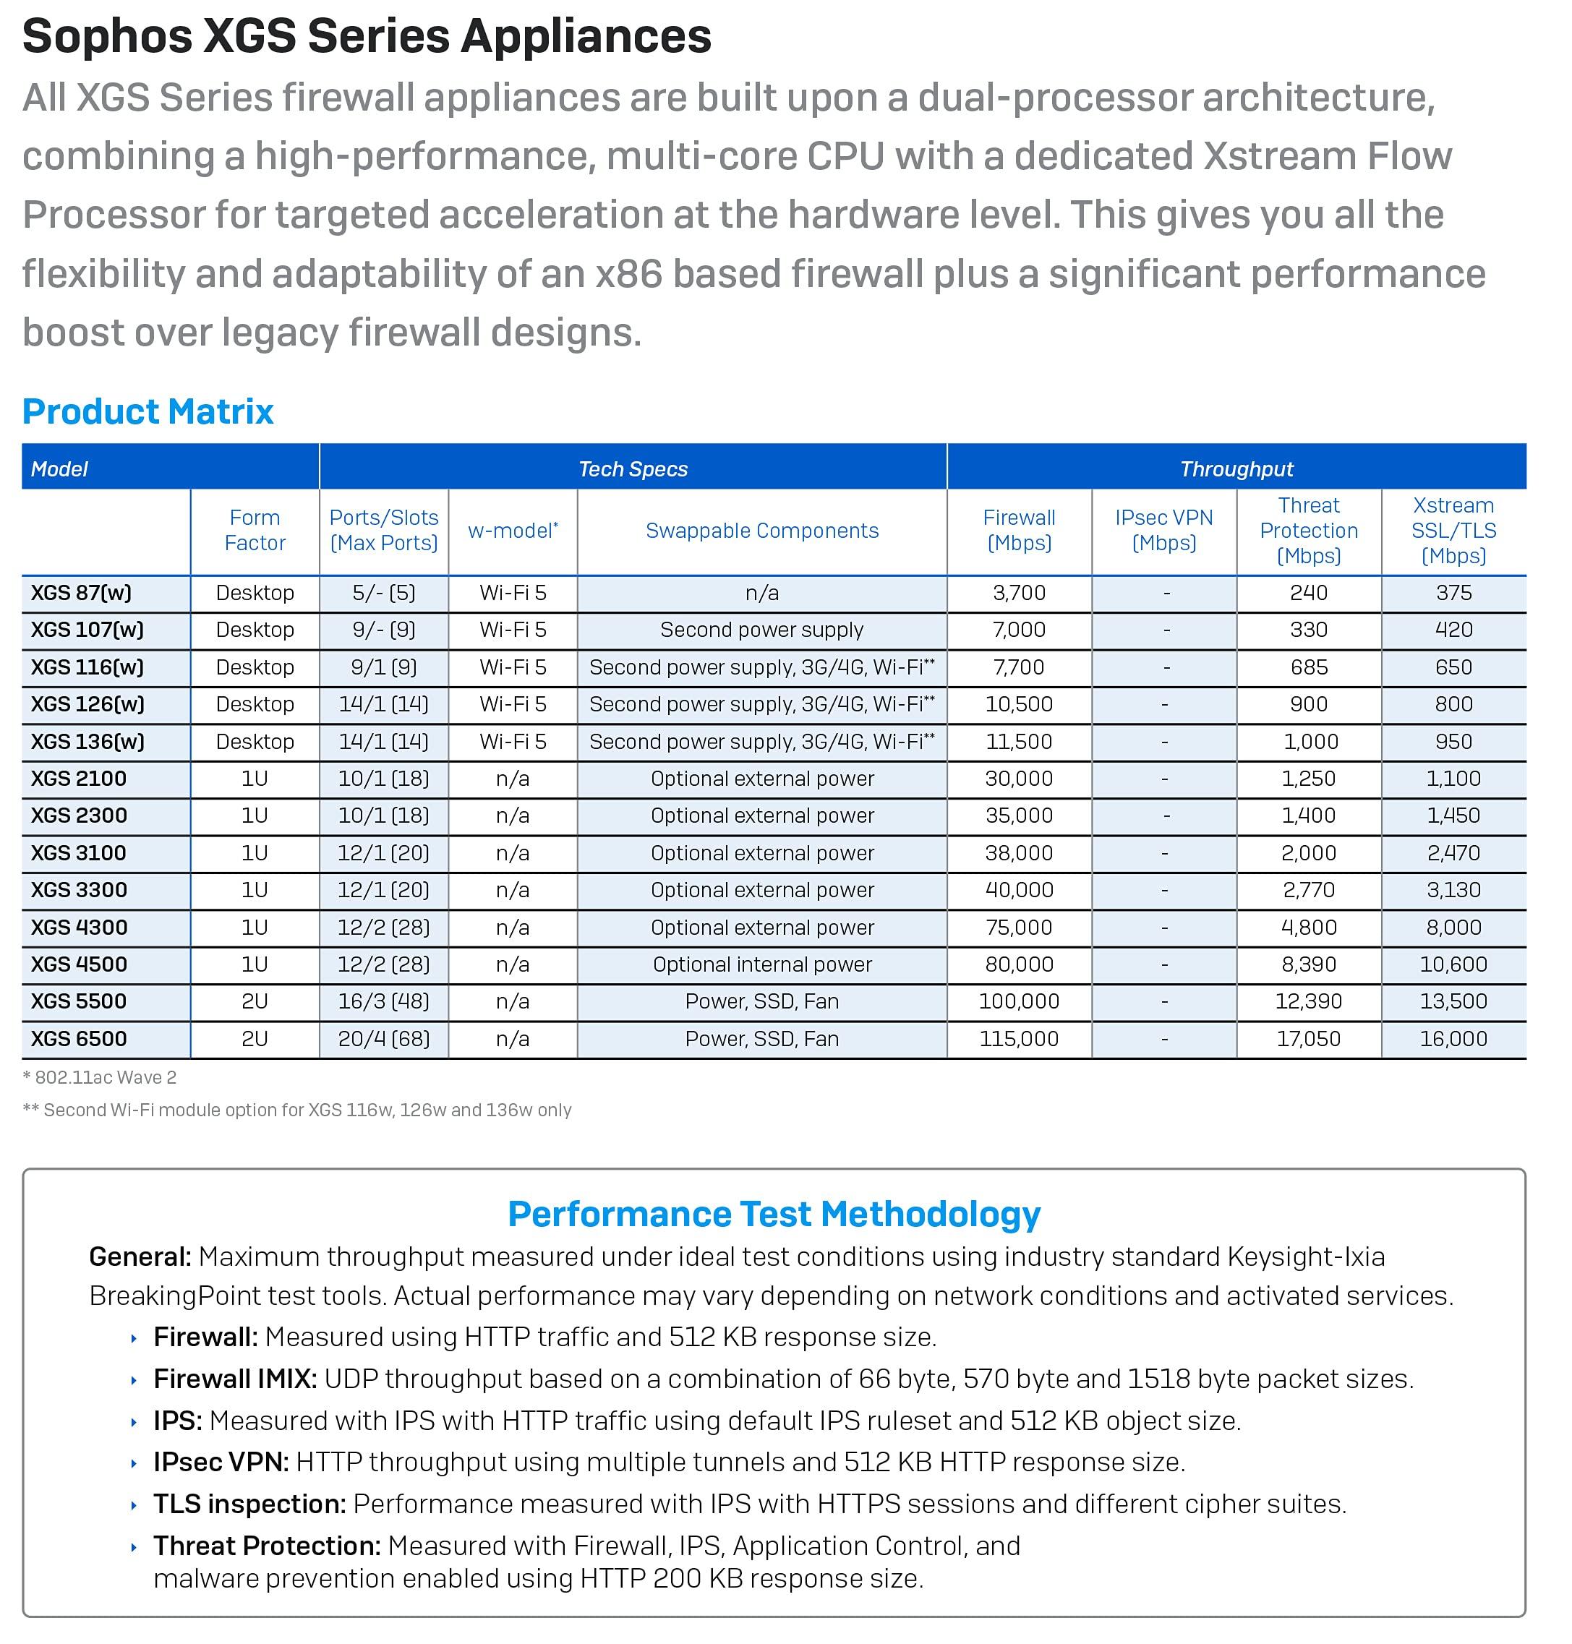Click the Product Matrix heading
point(148,411)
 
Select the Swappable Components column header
point(761,531)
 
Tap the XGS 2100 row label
point(79,779)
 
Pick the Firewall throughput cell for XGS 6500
point(1019,1038)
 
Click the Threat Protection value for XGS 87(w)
point(1308,592)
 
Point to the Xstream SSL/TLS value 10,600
point(1453,964)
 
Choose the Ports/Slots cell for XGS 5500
point(383,1001)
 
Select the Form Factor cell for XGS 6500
point(255,1038)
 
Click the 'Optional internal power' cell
point(761,964)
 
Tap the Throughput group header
point(1236,468)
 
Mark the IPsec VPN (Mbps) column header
point(1164,531)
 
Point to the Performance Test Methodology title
point(774,1214)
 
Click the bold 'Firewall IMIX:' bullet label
point(234,1379)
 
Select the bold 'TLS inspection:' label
point(249,1504)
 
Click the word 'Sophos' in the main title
point(107,37)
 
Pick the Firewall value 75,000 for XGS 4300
point(1019,927)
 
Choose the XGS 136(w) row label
point(87,742)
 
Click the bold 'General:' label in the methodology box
point(140,1257)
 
